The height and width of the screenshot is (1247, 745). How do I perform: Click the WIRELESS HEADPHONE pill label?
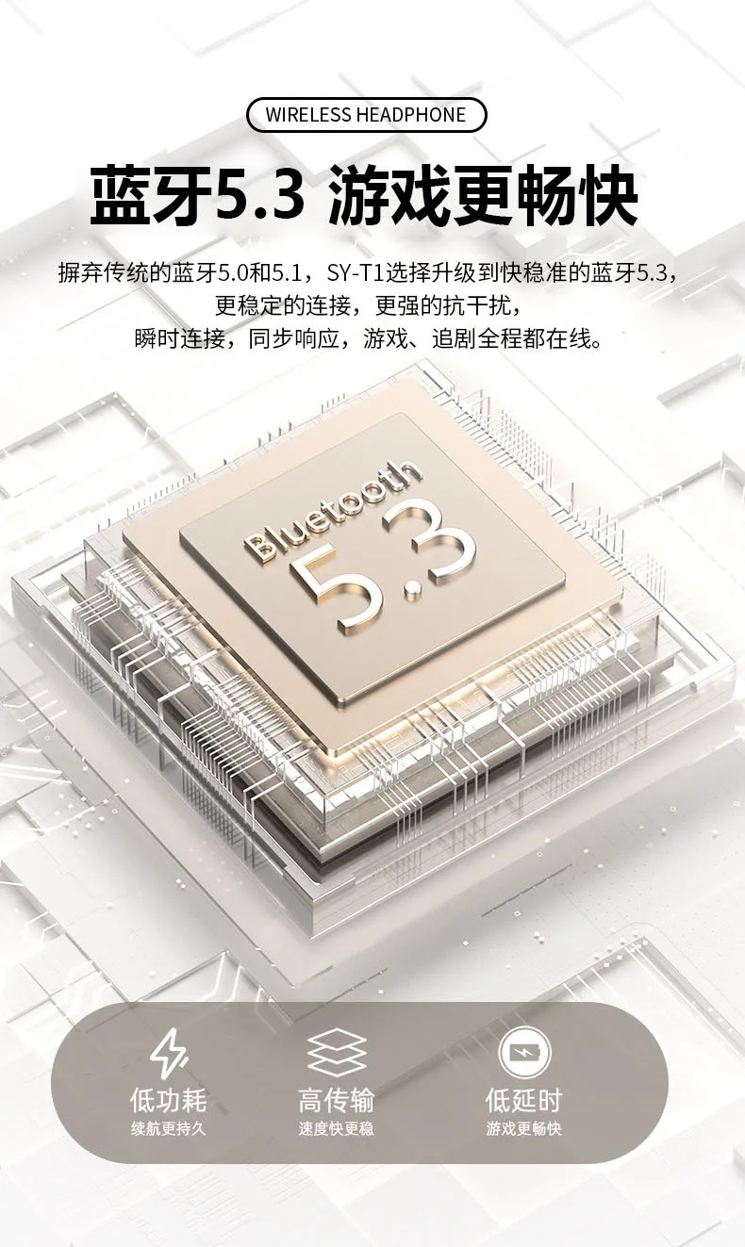[x=366, y=115]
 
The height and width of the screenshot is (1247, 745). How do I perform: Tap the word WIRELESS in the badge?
[x=308, y=115]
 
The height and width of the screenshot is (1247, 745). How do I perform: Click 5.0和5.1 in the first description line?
[x=258, y=273]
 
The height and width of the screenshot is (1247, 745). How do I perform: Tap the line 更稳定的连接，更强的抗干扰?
[x=369, y=305]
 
